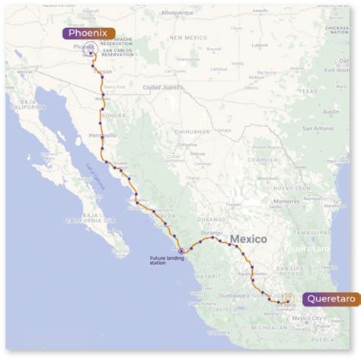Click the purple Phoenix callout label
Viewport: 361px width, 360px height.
tap(89, 33)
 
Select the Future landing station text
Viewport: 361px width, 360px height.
tap(167, 260)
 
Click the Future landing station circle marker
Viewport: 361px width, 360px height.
tap(180, 250)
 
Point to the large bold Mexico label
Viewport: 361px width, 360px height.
tap(248, 239)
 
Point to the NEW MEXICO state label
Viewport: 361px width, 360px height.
tap(188, 37)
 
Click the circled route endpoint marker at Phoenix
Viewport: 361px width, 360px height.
tap(91, 48)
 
